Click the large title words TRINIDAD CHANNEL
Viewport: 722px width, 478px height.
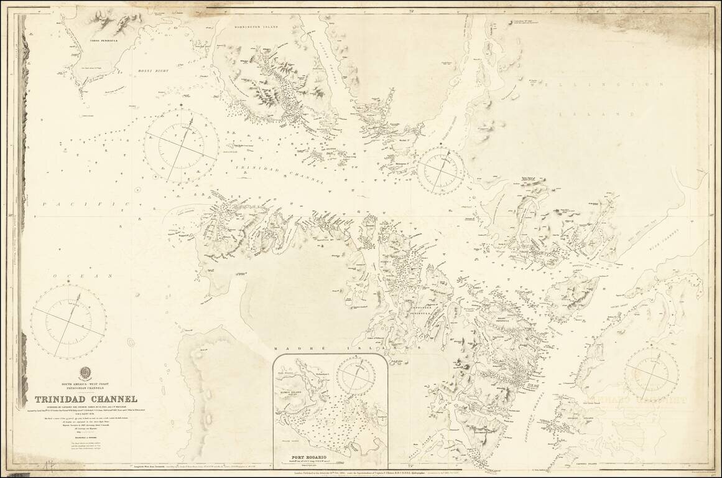point(86,399)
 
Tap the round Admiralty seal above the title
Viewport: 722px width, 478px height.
point(85,373)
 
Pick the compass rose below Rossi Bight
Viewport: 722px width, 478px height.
point(182,146)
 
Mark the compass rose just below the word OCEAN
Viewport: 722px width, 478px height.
point(68,321)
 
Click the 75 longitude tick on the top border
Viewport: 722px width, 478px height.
point(413,11)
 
